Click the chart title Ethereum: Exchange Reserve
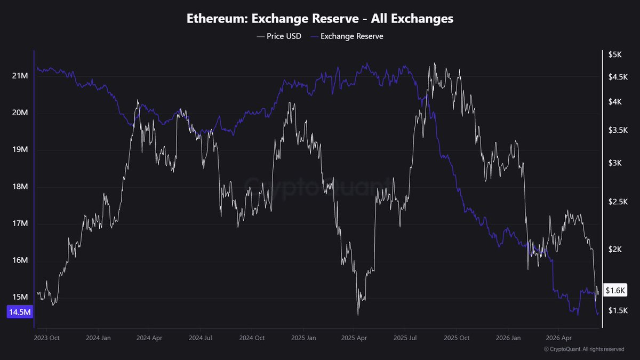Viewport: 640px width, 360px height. (319, 19)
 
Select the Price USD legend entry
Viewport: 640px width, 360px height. (279, 36)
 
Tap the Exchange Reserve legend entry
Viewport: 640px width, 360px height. (347, 36)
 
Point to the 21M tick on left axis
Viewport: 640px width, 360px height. (20, 76)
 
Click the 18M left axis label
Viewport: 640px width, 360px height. (20, 187)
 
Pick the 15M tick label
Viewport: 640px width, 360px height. (20, 297)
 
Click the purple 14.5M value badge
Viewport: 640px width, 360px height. (20, 311)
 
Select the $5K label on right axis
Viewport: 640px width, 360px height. (615, 54)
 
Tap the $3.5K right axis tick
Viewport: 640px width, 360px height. (618, 130)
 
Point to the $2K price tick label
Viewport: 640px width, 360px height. (615, 250)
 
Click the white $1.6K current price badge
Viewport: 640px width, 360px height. (615, 290)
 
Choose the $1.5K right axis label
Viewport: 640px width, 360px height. (618, 310)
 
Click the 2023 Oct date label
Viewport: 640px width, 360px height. (46, 338)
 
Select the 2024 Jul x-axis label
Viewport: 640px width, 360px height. (201, 338)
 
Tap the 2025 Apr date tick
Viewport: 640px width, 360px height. (354, 338)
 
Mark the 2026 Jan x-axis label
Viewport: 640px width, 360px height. (508, 338)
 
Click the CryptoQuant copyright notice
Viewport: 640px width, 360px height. (584, 349)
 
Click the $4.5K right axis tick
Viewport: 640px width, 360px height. (618, 77)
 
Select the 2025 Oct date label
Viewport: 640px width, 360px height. (457, 338)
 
